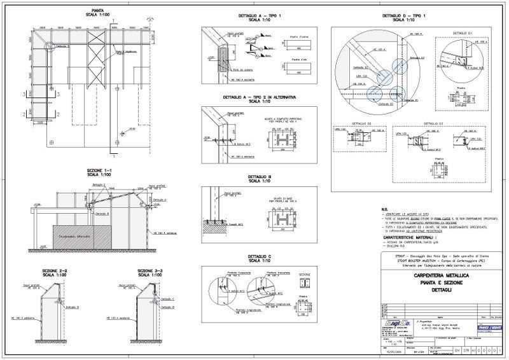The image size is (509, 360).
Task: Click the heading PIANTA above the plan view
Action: pyautogui.click(x=99, y=11)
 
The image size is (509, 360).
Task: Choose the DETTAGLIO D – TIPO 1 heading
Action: pyautogui.click(x=404, y=15)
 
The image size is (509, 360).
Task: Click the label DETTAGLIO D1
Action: pyautogui.click(x=461, y=31)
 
